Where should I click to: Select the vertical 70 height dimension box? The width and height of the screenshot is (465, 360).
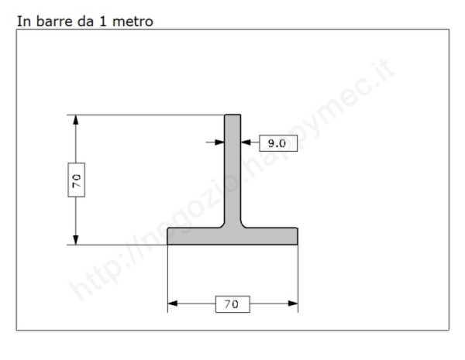pos(76,180)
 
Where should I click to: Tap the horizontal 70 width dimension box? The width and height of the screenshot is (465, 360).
pos(232,303)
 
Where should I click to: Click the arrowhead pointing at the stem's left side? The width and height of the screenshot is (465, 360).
pos(220,142)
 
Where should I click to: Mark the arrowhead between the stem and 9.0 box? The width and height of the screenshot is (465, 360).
pos(246,142)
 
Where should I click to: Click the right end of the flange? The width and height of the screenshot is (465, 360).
pos(296,236)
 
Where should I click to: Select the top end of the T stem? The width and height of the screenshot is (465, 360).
pos(232,117)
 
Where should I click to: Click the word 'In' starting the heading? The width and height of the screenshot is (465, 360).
pos(22,21)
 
